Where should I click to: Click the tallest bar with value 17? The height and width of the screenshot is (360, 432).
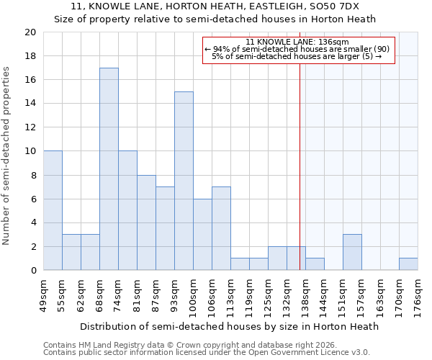[x=109, y=169]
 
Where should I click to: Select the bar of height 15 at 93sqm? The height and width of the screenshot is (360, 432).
[x=184, y=181]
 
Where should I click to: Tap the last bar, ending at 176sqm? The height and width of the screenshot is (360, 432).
[x=408, y=264]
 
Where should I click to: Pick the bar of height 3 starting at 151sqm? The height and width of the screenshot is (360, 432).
[x=352, y=252]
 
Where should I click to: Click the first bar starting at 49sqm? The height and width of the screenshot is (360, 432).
[x=53, y=210]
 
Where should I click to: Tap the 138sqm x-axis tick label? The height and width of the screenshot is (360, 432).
[x=306, y=295]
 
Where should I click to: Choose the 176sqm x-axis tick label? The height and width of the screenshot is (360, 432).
[x=418, y=295]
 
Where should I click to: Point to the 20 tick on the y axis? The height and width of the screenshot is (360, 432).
[x=30, y=32]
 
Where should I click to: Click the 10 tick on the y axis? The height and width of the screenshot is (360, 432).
[x=30, y=151]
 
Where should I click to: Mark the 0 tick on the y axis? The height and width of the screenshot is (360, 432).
[x=32, y=270]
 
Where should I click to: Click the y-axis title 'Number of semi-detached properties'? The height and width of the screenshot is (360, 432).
[x=7, y=156]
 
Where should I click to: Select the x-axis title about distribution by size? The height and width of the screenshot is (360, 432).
[x=229, y=326]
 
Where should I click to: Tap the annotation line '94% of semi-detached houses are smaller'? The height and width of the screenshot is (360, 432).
[x=298, y=49]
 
